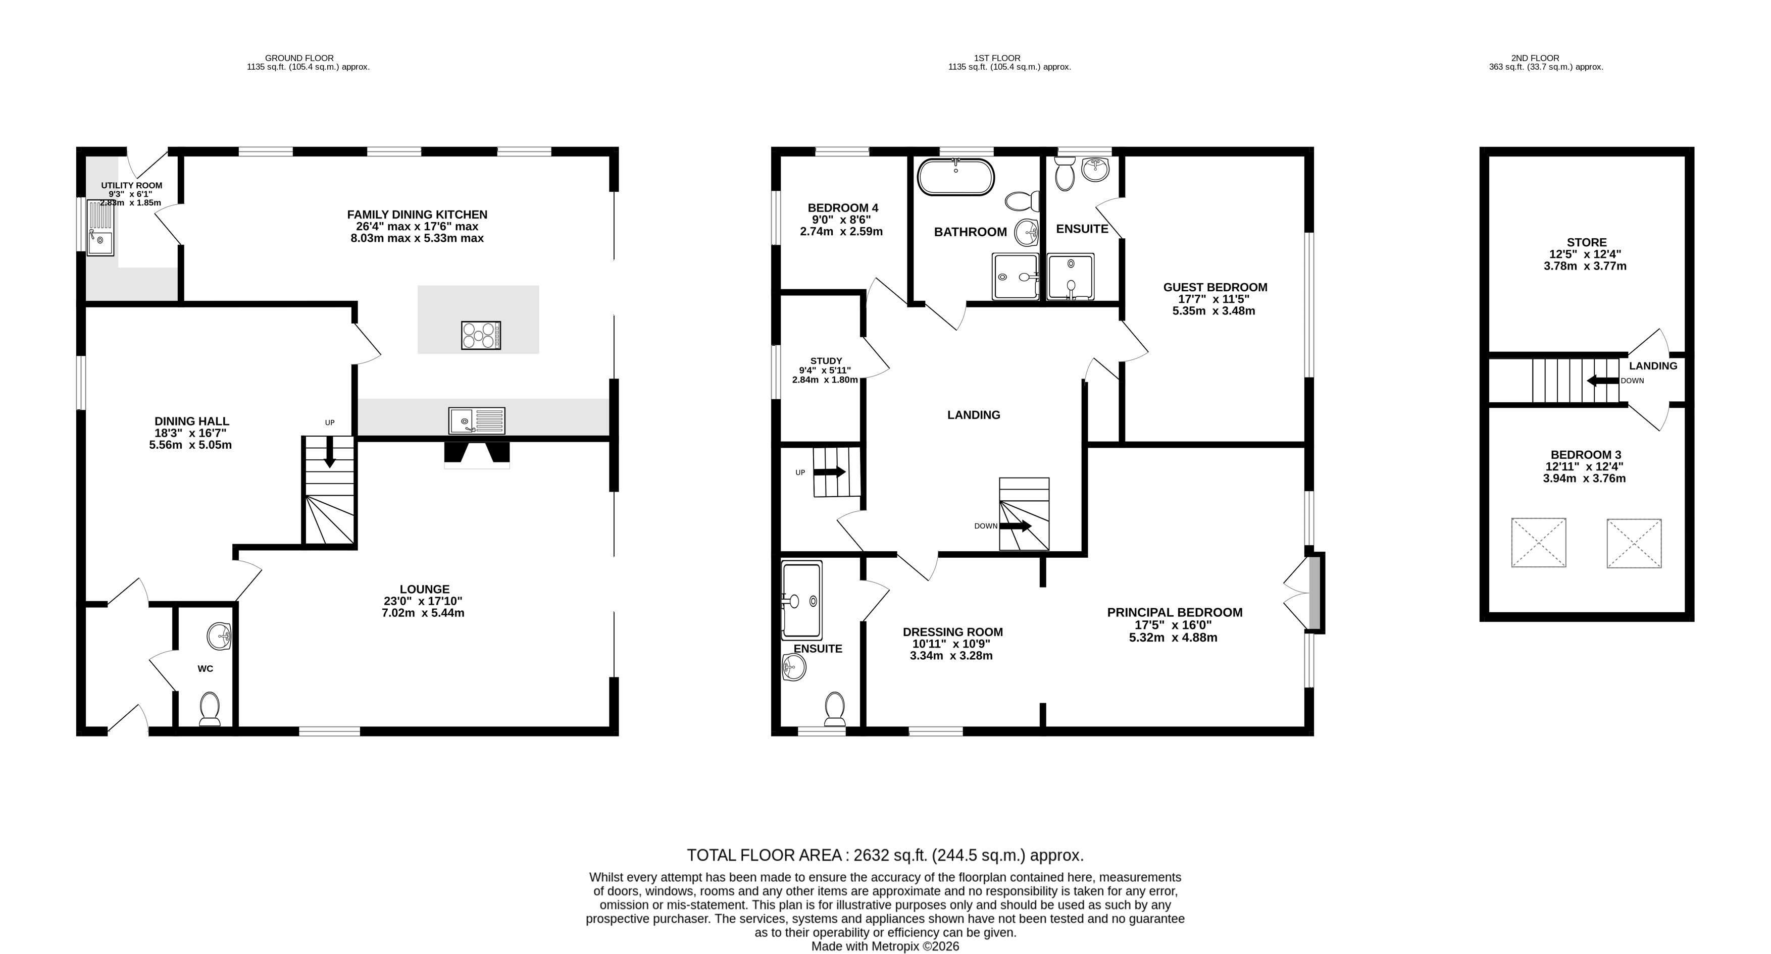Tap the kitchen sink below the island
[x=476, y=420]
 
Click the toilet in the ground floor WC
[x=209, y=709]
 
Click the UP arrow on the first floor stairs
[x=829, y=472]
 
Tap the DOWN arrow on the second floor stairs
[x=1602, y=380]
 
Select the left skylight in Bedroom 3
[x=1539, y=542]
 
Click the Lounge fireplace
[x=477, y=454]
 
